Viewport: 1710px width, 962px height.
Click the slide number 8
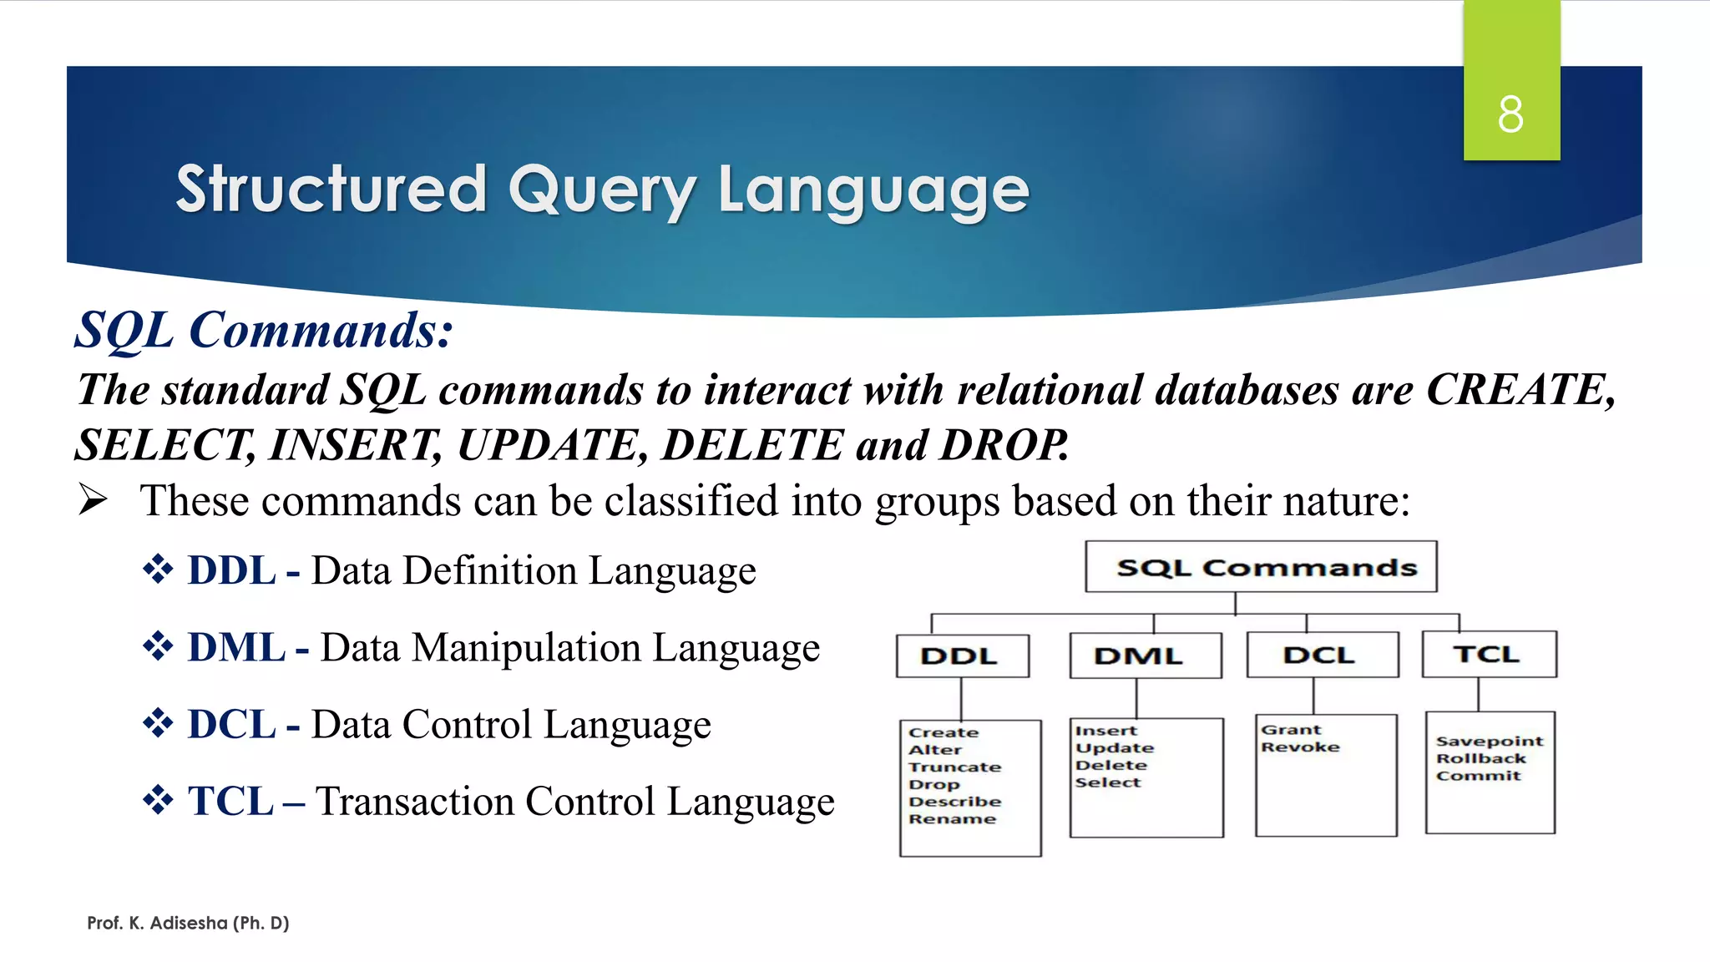[1510, 114]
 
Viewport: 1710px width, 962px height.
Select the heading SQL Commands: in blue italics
[264, 331]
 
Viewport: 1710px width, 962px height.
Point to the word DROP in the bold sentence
[1003, 445]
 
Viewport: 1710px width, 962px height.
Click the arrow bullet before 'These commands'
[93, 500]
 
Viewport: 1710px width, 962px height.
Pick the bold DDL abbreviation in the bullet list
[231, 571]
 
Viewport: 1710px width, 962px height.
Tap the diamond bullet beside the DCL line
[157, 723]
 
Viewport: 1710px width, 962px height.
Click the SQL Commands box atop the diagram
[1261, 567]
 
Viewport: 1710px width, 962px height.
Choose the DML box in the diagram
[1145, 656]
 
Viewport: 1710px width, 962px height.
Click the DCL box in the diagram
[1322, 655]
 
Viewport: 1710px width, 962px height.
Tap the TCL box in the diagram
[1489, 654]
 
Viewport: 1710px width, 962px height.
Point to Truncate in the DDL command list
[954, 767]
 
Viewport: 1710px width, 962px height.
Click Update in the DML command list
[1115, 748]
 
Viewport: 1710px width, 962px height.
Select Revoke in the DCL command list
[1300, 747]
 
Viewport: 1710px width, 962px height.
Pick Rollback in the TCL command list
[1480, 758]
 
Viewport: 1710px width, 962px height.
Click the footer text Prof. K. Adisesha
[188, 923]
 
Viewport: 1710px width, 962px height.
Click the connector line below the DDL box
[961, 698]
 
